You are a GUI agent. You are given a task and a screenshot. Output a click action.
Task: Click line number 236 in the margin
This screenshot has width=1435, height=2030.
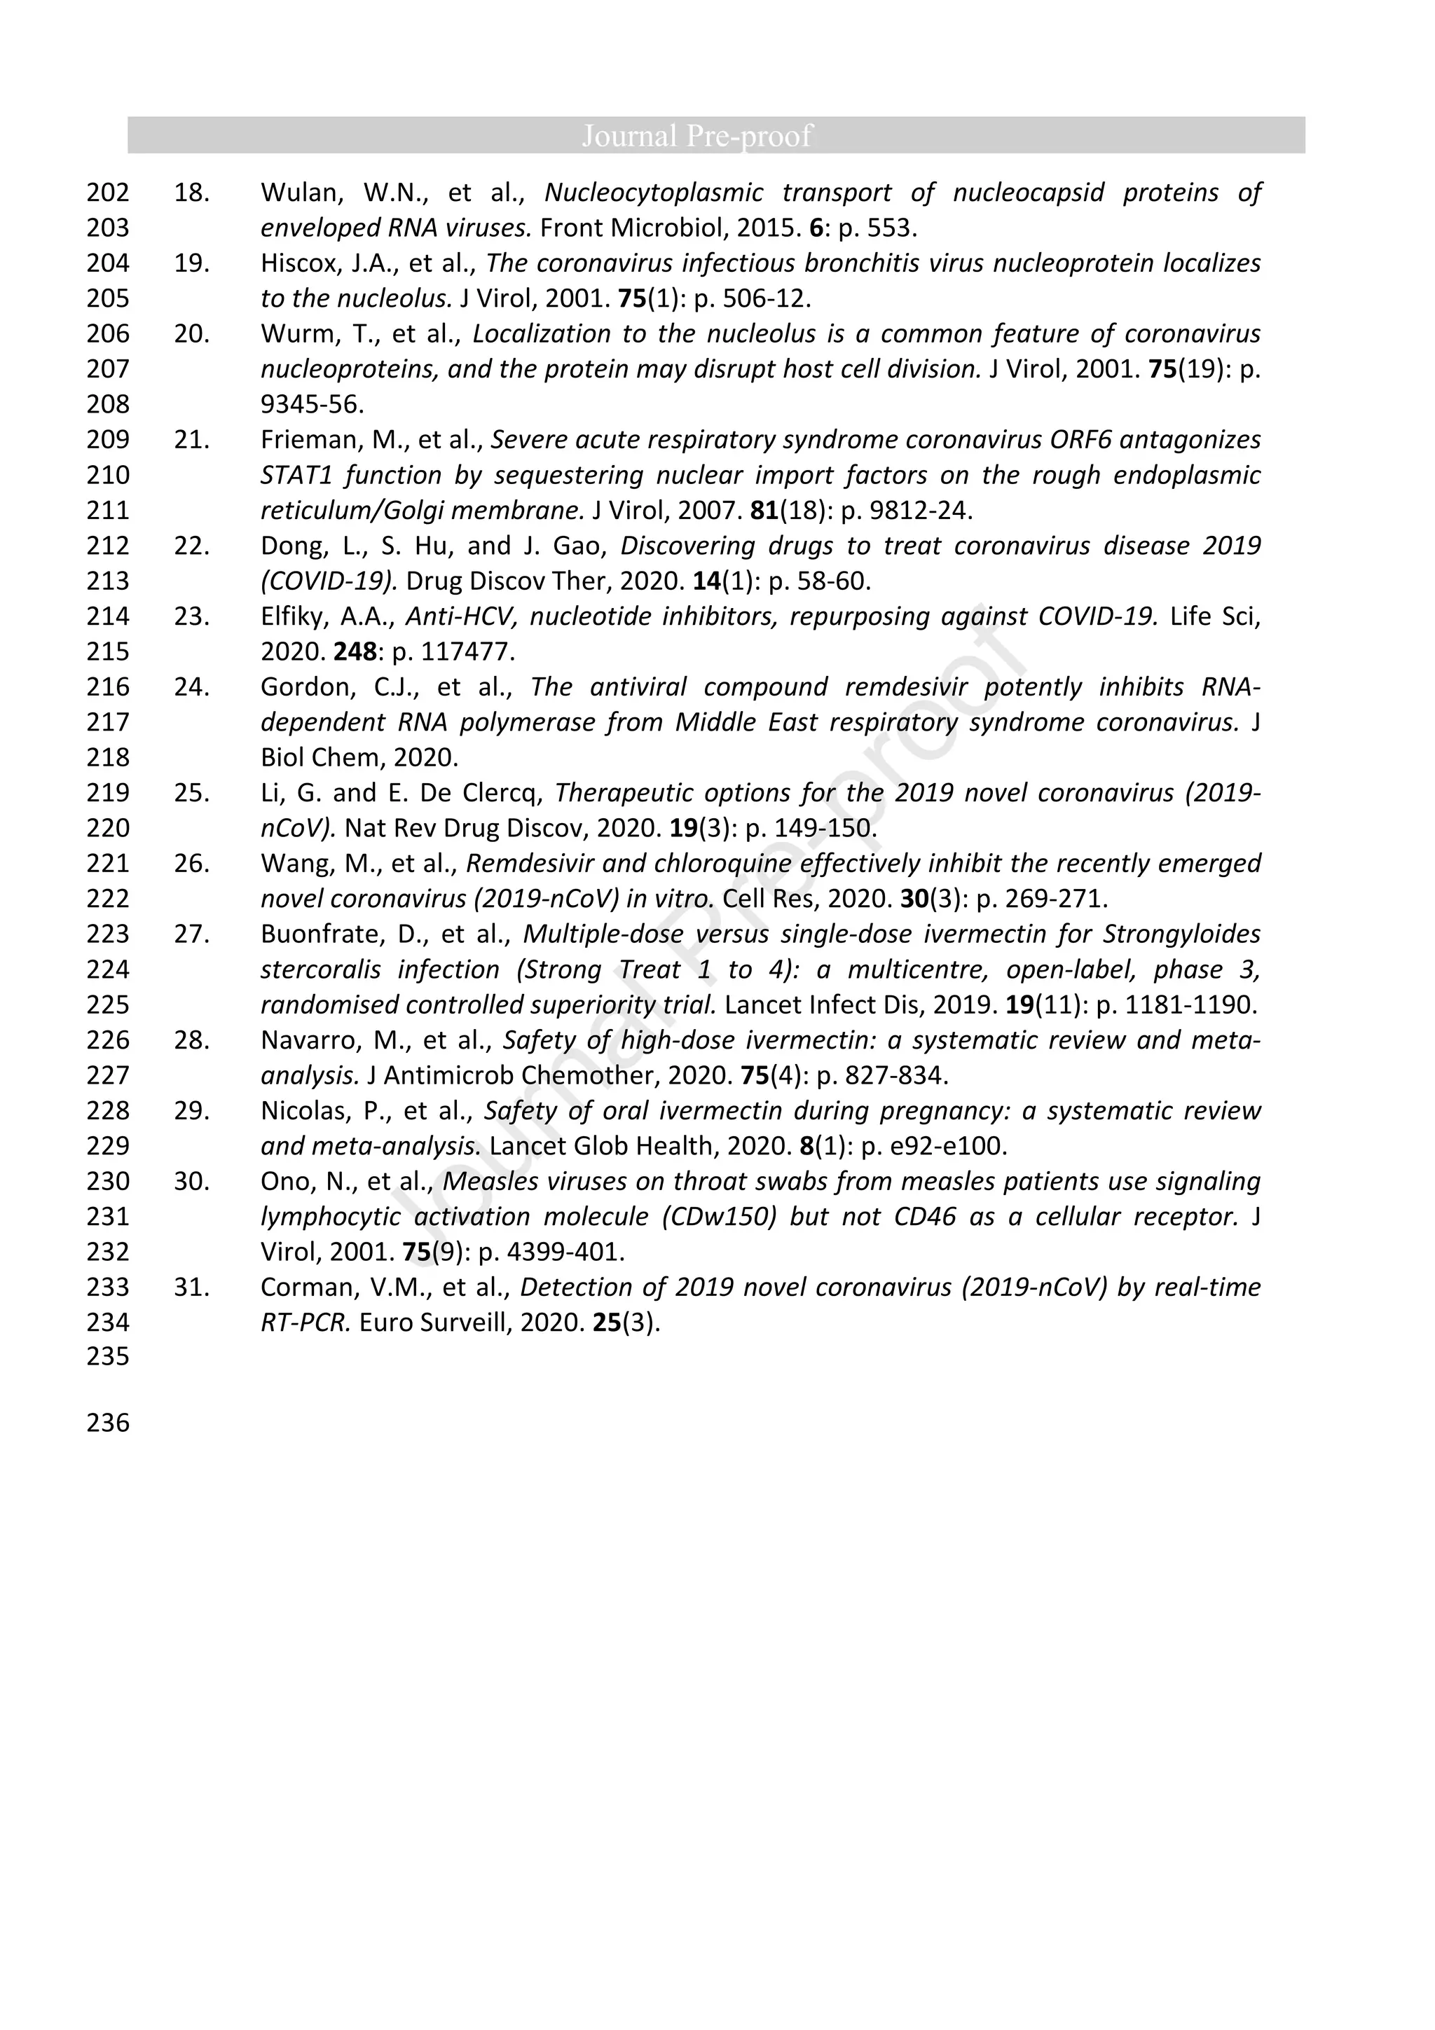[x=108, y=1423]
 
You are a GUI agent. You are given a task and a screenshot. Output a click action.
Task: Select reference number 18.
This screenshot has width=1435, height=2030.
[x=191, y=193]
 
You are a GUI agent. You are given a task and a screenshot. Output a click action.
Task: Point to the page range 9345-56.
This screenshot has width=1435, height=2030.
[x=311, y=405]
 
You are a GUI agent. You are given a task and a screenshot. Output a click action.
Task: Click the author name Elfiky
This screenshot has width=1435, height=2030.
[x=294, y=616]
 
